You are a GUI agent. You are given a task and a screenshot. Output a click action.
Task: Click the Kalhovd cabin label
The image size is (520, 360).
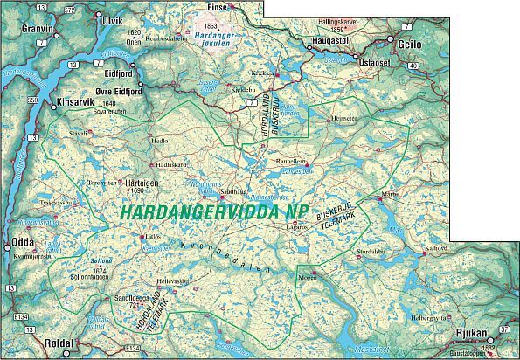pos(461,248)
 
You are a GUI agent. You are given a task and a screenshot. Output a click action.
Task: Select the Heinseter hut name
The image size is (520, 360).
pos(343,118)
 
